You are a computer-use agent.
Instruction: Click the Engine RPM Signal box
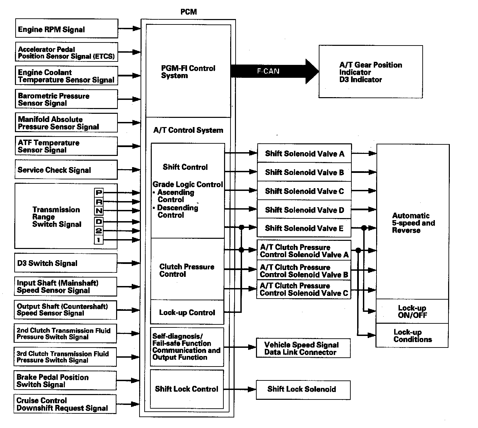(67, 29)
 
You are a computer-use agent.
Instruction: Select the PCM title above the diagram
(188, 12)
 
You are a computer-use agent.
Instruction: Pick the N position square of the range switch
(99, 211)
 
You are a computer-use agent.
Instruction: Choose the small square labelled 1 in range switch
(99, 240)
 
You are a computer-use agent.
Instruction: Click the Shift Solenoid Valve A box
(304, 154)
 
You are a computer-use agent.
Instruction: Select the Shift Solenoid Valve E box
(304, 228)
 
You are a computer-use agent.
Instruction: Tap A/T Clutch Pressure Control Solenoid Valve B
(304, 271)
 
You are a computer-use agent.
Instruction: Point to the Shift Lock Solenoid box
(303, 389)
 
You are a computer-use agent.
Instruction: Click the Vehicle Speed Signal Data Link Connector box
(303, 348)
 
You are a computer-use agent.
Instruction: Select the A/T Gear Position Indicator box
(370, 72)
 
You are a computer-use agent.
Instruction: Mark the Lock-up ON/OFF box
(412, 311)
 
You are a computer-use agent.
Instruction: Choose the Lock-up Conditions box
(412, 336)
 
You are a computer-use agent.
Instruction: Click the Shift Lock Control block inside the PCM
(187, 389)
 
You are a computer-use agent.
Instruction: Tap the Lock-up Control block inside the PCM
(187, 313)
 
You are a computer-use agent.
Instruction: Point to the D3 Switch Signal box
(66, 263)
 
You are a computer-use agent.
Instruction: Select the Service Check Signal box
(66, 170)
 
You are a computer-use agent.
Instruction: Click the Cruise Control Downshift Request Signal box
(65, 404)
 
